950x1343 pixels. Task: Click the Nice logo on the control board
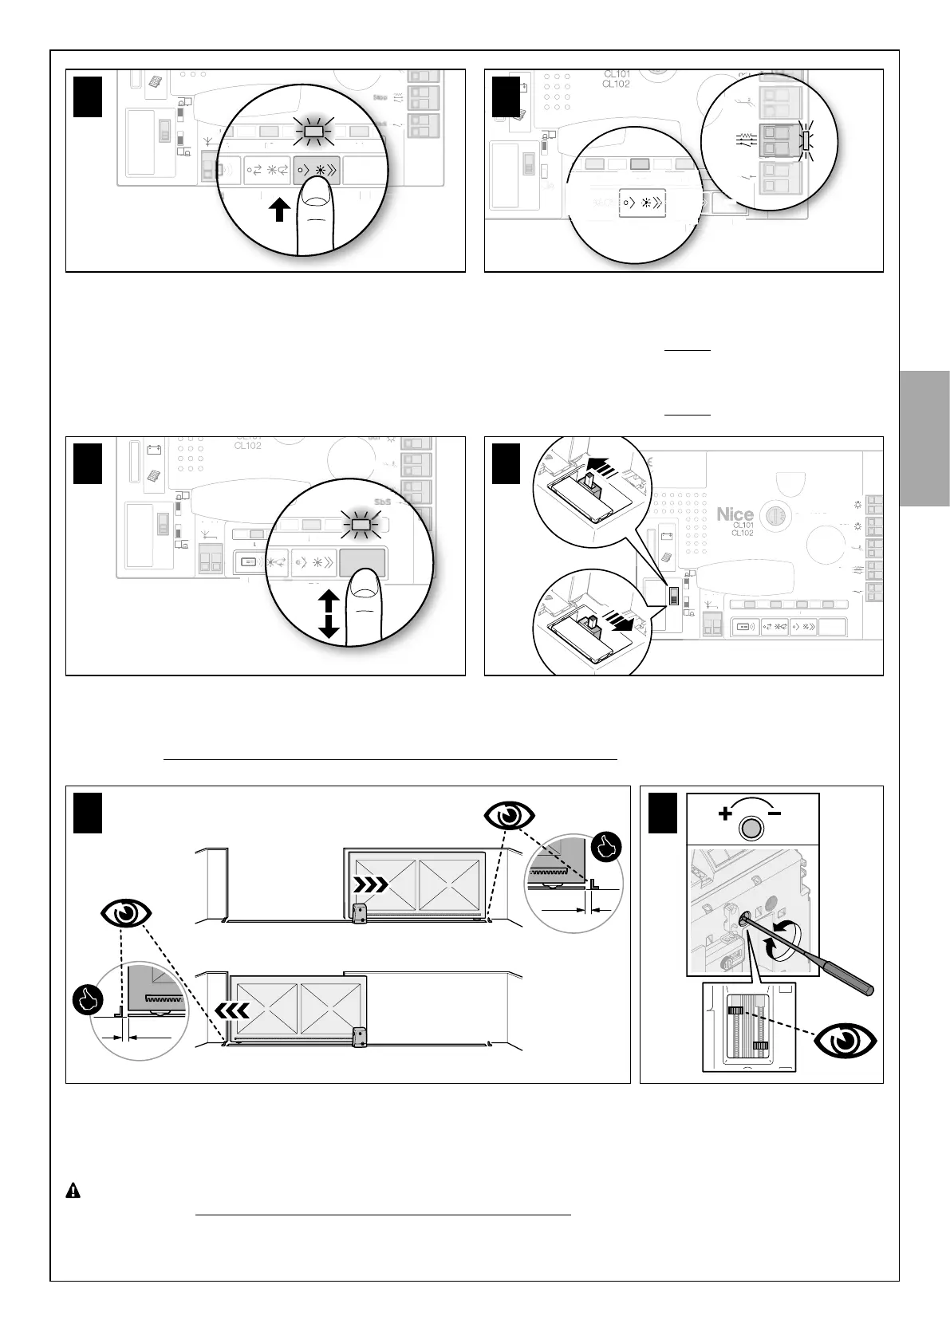[x=735, y=514]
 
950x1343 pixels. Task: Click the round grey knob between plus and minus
[x=751, y=829]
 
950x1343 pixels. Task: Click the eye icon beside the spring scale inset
[x=845, y=1042]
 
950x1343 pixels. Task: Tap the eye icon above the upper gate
[x=510, y=817]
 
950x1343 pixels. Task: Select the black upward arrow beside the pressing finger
[x=278, y=212]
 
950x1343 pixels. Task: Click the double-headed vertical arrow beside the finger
[x=329, y=612]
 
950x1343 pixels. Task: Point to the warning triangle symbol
[x=73, y=1191]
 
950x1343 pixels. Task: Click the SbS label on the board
[x=384, y=501]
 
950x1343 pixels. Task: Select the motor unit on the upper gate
[x=361, y=913]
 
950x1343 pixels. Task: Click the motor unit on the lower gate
[x=361, y=1037]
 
